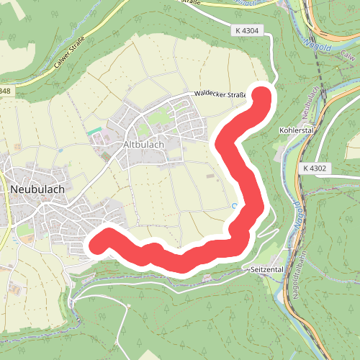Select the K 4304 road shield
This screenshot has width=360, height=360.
click(x=246, y=30)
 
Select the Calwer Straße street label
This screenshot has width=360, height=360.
click(x=71, y=52)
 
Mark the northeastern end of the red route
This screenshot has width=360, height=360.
click(x=261, y=96)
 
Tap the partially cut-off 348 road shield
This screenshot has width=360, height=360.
click(x=4, y=91)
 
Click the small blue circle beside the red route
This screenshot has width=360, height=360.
click(x=234, y=207)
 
